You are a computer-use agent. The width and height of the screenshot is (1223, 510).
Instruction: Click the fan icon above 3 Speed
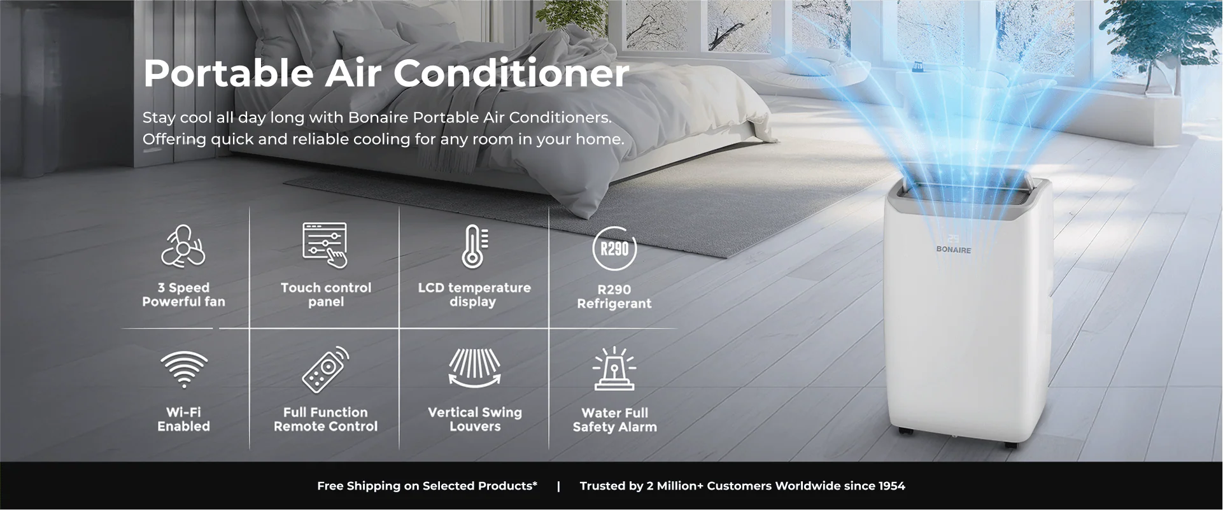point(183,246)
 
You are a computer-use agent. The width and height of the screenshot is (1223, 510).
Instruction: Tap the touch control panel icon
point(325,245)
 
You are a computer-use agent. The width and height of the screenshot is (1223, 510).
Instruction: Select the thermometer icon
point(474,246)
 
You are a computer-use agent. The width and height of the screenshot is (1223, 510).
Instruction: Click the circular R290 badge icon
point(614,248)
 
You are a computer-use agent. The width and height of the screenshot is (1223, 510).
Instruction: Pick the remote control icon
point(325,369)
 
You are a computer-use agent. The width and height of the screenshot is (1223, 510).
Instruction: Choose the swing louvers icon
point(474,367)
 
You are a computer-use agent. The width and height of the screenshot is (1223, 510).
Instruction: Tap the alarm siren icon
point(614,369)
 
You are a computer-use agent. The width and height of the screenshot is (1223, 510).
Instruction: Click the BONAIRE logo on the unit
point(953,250)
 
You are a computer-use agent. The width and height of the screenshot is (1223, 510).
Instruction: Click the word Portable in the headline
point(228,73)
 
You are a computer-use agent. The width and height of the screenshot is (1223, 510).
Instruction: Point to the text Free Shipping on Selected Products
point(427,486)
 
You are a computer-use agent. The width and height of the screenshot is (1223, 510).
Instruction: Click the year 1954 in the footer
point(891,486)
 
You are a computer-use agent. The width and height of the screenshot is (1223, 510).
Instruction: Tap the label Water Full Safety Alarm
point(614,420)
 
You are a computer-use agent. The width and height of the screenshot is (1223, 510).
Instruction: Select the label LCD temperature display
point(474,295)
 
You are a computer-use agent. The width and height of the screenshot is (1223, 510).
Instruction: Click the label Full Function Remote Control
point(325,420)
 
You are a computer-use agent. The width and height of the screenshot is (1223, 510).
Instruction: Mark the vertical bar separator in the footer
point(558,486)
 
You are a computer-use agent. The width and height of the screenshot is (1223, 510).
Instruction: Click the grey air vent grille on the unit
point(968,191)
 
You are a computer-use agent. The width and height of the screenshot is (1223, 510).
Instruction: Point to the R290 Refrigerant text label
point(614,297)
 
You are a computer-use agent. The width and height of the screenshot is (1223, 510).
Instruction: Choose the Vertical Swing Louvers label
point(475,420)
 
